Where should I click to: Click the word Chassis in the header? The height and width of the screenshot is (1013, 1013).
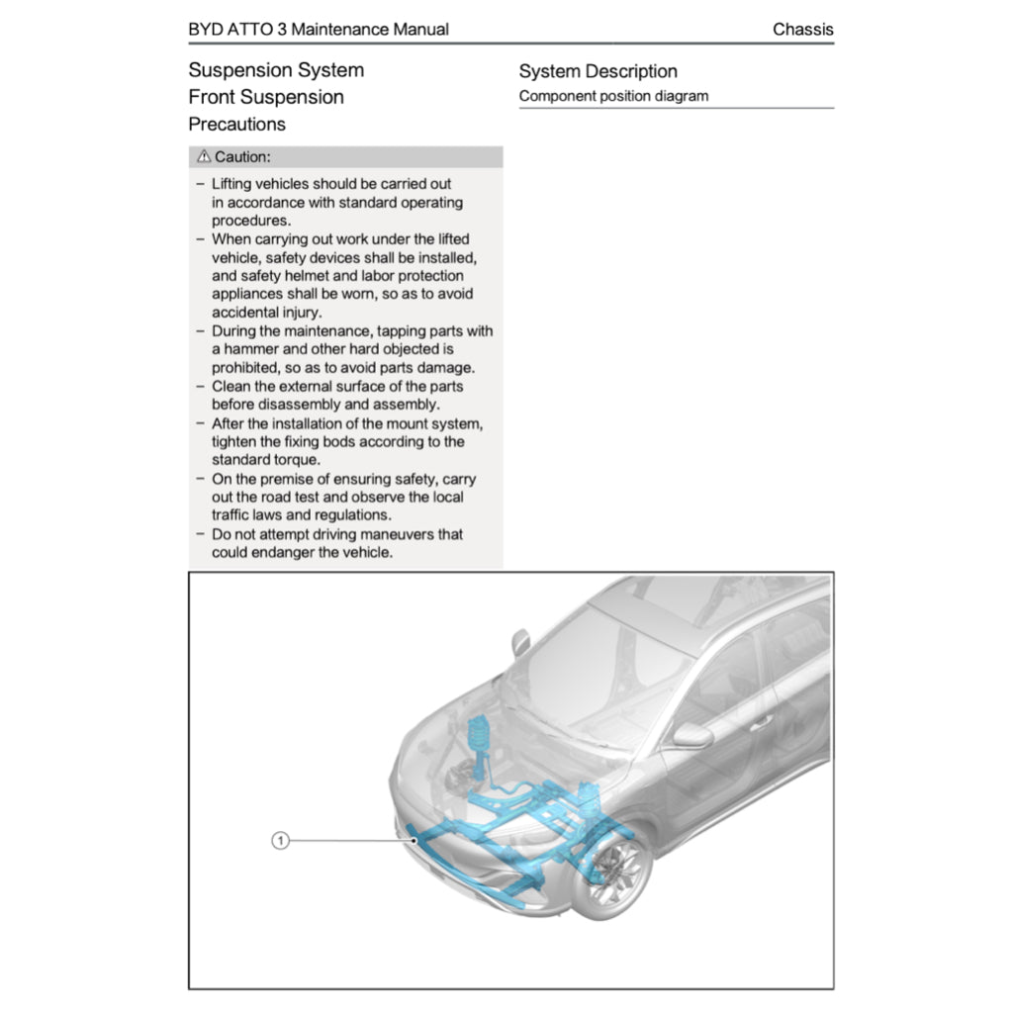(802, 30)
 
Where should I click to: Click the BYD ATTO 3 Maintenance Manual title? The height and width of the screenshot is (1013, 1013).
(318, 30)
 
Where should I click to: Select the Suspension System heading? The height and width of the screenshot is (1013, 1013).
(276, 70)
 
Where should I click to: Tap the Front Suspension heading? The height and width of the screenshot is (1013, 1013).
(266, 97)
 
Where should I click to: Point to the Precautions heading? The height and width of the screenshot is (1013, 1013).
(236, 125)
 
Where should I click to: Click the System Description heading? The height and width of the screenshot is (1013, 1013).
(598, 71)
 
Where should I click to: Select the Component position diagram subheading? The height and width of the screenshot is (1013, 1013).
(613, 96)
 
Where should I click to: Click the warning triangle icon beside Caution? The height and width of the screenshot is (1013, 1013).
(203, 157)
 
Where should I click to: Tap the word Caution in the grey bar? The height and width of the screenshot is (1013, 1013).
(242, 157)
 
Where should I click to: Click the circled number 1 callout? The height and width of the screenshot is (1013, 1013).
(280, 841)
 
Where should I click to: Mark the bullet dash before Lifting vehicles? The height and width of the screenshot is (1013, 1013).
(201, 184)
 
